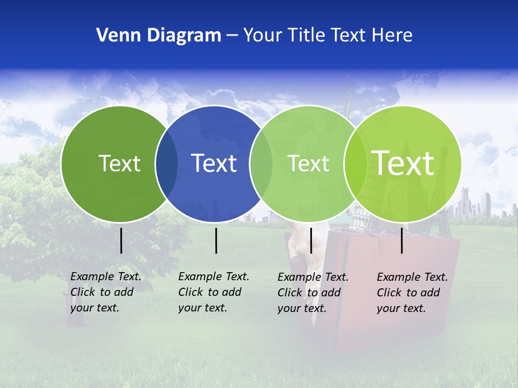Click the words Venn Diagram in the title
[159, 36]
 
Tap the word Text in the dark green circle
[119, 163]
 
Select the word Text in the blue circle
[214, 163]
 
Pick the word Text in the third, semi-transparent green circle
[309, 163]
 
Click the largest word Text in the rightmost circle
[403, 163]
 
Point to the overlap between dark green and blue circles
[167, 164]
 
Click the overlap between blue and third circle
[261, 164]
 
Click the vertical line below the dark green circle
[121, 240]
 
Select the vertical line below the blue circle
[216, 240]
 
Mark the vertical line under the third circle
[311, 240]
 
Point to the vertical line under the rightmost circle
[402, 240]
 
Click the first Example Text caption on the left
[105, 292]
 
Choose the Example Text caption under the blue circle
[213, 292]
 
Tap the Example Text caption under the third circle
[312, 293]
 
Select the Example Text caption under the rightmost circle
[412, 293]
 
